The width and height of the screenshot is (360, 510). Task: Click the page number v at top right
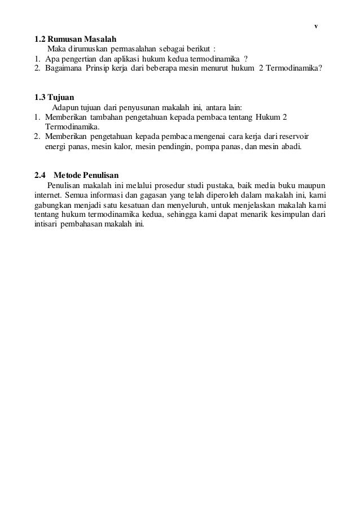[x=316, y=27]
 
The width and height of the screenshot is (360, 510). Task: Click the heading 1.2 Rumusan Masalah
[x=75, y=40]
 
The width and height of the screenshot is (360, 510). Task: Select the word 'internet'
[x=48, y=194]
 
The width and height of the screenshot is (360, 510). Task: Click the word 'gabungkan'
[x=53, y=204]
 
